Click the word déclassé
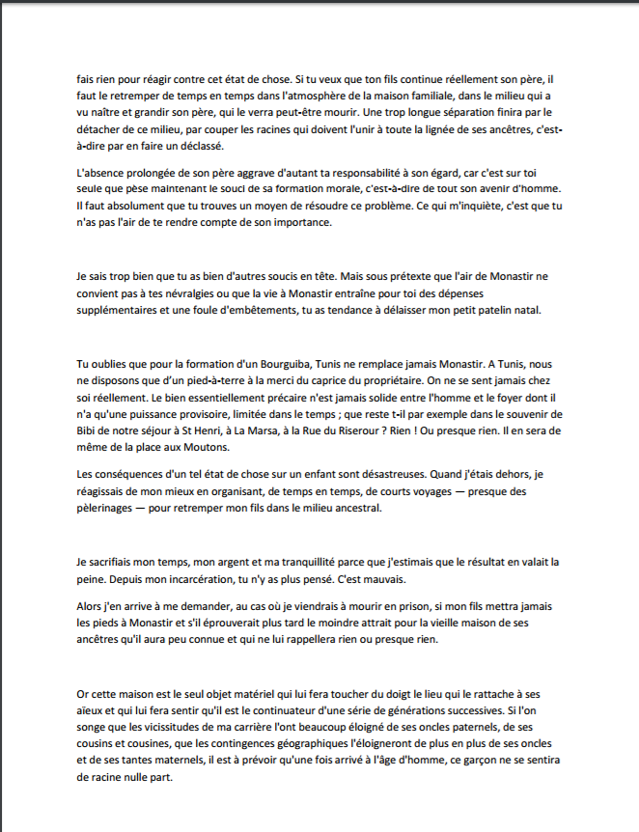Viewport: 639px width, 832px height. point(195,147)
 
